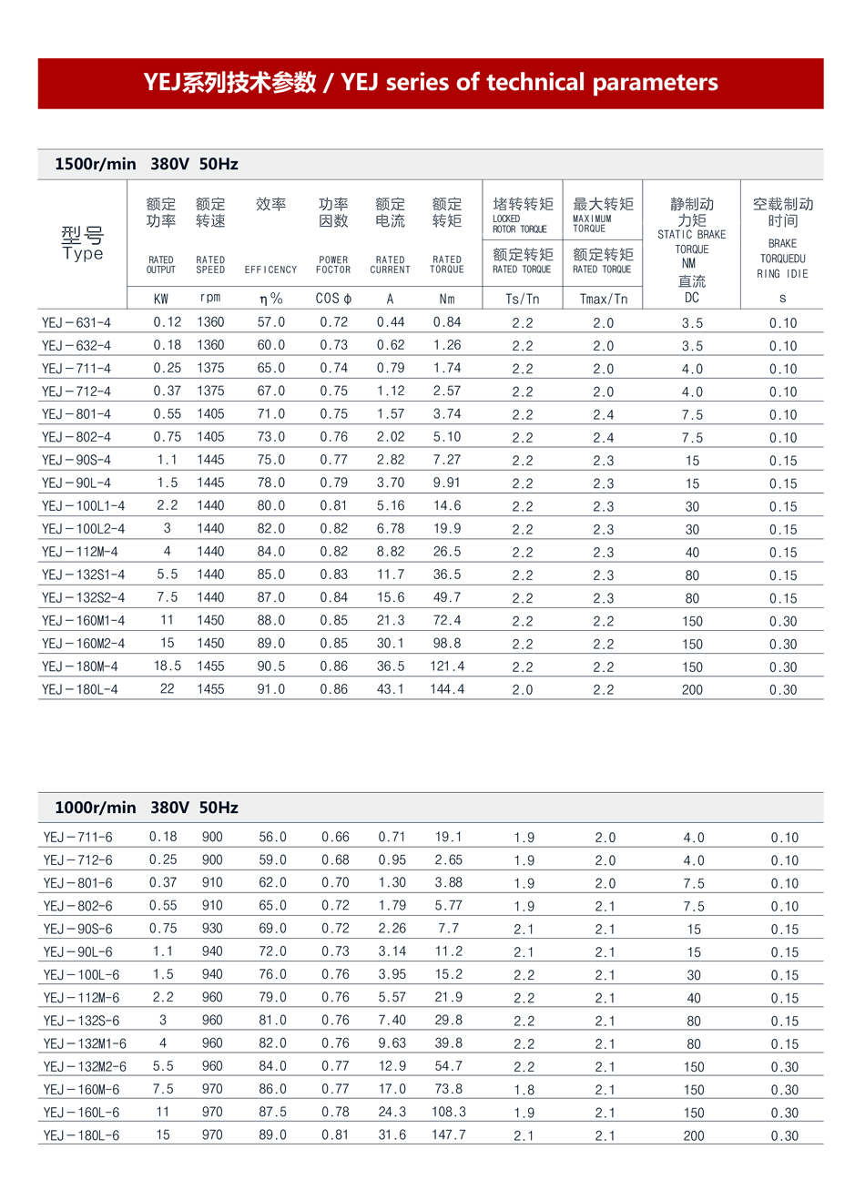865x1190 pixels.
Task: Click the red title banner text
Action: pyautogui.click(x=431, y=83)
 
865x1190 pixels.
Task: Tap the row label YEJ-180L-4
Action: pyautogui.click(x=79, y=690)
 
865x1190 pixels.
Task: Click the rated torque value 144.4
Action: pyautogui.click(x=447, y=690)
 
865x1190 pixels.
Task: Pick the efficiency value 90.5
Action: pyautogui.click(x=270, y=666)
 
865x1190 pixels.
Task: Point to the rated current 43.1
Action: pyautogui.click(x=391, y=690)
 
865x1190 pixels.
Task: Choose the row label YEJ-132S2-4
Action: pyautogui.click(x=83, y=598)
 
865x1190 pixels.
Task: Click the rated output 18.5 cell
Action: pyautogui.click(x=168, y=666)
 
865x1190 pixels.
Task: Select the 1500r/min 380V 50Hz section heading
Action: pyautogui.click(x=147, y=165)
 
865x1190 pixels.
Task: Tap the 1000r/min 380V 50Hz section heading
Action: pyautogui.click(x=147, y=809)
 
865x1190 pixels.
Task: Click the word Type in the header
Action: pyautogui.click(x=83, y=254)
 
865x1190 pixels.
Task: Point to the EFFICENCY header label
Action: pyautogui.click(x=270, y=270)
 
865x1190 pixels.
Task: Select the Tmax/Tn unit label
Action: pyautogui.click(x=603, y=299)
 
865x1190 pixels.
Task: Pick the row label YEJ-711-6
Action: pyautogui.click(x=77, y=838)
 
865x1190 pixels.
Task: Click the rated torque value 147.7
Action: pyautogui.click(x=449, y=1135)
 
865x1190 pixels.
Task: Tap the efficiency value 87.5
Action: pyautogui.click(x=272, y=1113)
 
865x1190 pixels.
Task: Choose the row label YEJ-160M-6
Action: pyautogui.click(x=81, y=1090)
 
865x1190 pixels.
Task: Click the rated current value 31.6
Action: pyautogui.click(x=392, y=1135)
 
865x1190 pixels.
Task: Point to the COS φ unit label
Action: pyautogui.click(x=333, y=299)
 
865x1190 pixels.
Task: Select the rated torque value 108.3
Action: pyautogui.click(x=449, y=1113)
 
